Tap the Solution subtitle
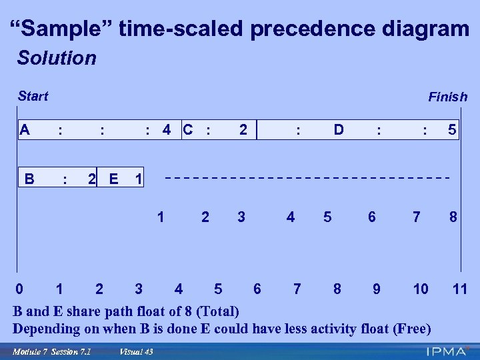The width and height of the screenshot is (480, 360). [x=57, y=58]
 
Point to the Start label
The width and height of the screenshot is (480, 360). [x=33, y=96]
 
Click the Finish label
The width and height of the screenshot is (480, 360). [x=447, y=97]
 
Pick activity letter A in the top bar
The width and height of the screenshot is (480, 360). [x=25, y=129]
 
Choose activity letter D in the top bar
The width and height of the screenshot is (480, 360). [x=339, y=129]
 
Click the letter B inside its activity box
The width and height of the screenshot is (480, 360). [x=29, y=179]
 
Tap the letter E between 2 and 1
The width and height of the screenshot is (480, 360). [x=113, y=179]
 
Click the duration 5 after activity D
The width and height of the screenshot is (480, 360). [x=452, y=129]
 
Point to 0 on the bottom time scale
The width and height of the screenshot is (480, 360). [x=20, y=289]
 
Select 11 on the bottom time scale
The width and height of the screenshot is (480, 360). [x=459, y=289]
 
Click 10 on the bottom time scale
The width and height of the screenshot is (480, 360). [x=420, y=289]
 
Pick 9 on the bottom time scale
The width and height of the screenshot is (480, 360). [x=377, y=289]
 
